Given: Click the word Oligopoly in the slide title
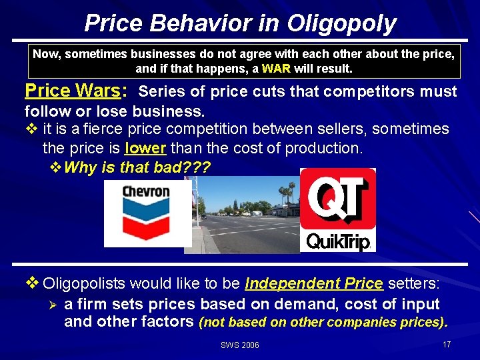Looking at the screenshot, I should tap(341, 23).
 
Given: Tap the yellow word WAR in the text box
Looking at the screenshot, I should tap(276, 69).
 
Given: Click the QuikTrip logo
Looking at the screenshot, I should tap(337, 211).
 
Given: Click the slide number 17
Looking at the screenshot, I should tap(446, 344).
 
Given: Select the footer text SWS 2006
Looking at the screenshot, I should tap(239, 345).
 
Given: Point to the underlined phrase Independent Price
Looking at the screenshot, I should tap(314, 284).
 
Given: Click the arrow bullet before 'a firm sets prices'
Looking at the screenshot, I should tap(54, 305).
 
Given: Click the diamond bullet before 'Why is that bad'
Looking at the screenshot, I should tap(57, 167).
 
